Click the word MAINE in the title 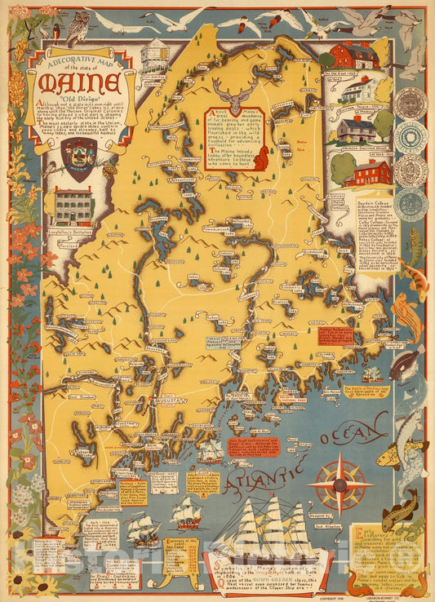click(x=90, y=84)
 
